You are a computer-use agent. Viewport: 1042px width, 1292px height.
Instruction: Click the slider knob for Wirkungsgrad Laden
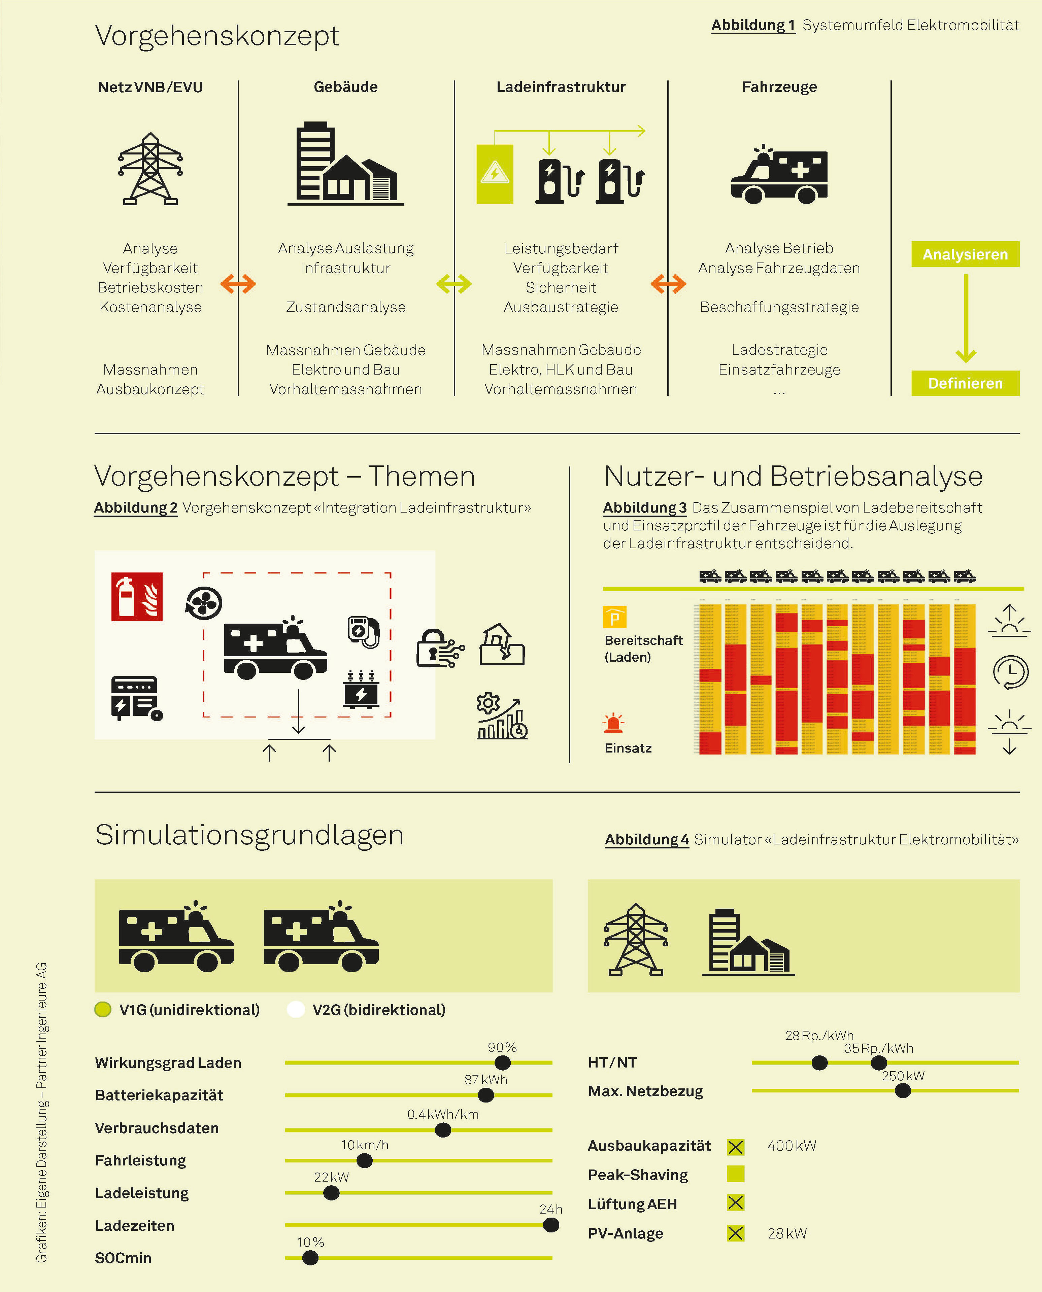pos(502,1063)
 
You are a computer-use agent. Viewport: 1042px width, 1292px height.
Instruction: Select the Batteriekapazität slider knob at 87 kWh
pos(485,1095)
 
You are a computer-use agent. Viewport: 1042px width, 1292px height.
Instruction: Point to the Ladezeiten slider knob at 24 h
pos(550,1225)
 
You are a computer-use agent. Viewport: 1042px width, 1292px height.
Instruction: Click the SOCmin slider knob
pos(310,1258)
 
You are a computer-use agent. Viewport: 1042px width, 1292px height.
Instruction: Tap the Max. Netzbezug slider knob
pos(902,1091)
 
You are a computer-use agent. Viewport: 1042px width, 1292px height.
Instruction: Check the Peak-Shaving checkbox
pos(735,1174)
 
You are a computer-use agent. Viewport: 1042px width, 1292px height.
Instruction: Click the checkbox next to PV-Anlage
pos(735,1233)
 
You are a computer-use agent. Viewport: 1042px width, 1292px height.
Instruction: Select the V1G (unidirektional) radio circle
pos(103,1010)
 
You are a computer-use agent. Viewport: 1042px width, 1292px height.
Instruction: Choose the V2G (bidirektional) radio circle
pos(296,1010)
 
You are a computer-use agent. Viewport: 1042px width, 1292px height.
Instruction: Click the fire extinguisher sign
pos(137,596)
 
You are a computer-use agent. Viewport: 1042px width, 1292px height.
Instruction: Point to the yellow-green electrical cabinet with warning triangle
pos(495,174)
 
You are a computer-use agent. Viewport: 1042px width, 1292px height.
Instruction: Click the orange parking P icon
pos(614,617)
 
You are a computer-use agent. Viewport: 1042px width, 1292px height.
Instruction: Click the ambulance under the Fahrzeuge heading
pos(779,174)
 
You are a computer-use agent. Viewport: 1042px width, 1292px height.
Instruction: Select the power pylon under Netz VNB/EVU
pos(150,169)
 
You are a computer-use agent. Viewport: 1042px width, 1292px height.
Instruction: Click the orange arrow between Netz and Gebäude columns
pos(238,284)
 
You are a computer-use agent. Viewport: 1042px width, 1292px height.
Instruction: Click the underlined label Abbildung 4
pos(646,840)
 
